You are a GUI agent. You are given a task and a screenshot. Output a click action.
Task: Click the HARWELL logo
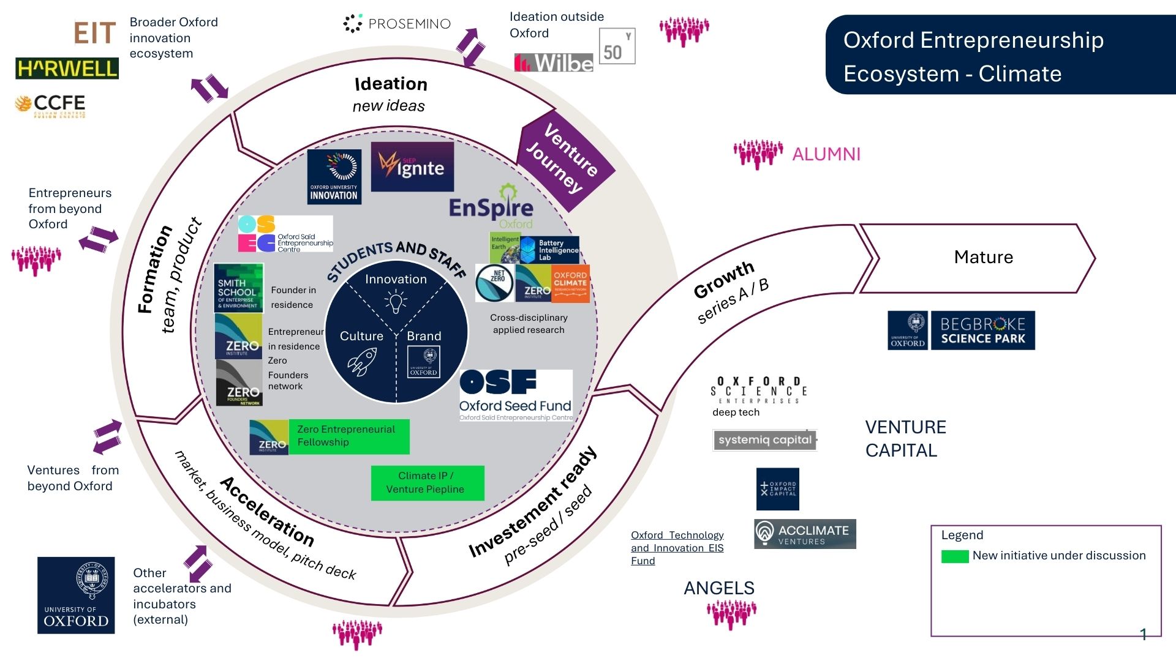(67, 69)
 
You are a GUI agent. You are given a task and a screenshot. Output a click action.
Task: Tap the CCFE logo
(50, 105)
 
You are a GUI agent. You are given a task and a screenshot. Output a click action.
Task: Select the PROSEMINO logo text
(397, 24)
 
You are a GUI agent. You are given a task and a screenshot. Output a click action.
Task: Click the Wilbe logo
(554, 62)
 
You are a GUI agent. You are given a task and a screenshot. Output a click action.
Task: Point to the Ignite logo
(412, 166)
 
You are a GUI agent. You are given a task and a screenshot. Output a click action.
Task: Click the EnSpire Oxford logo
(491, 207)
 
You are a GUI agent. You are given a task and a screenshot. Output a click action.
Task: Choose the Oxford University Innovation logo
(334, 176)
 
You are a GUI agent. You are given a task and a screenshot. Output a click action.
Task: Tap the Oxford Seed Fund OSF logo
(516, 395)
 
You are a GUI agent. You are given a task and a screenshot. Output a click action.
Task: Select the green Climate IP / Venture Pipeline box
(427, 483)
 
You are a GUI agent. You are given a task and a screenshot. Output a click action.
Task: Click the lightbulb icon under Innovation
(396, 302)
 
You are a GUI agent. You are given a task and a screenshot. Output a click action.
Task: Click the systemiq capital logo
(765, 440)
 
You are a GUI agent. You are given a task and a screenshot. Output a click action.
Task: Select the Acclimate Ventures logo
(805, 534)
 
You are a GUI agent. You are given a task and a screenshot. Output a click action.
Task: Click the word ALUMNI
(826, 154)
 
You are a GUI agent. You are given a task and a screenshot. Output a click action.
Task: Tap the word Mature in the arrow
(983, 257)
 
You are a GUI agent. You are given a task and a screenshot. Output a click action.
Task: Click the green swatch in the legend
(954, 556)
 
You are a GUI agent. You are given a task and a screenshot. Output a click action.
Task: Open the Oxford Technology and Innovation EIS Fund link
(677, 548)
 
